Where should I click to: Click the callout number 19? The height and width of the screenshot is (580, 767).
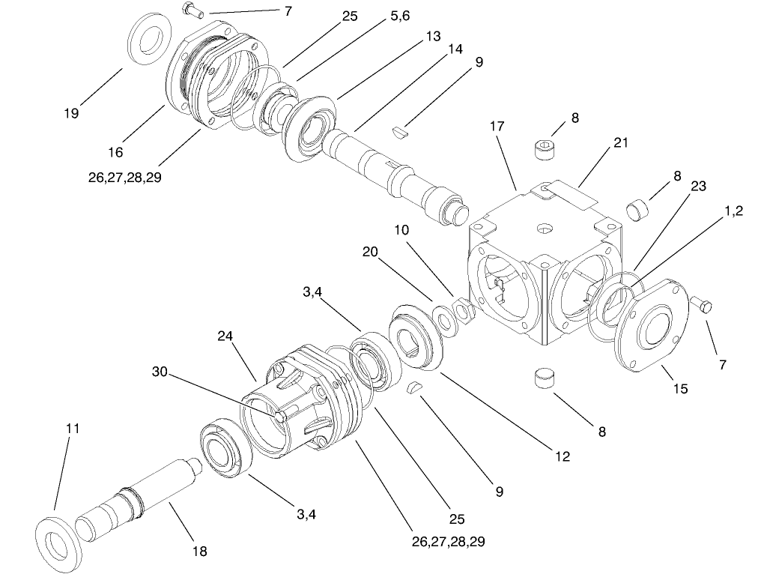(x=72, y=113)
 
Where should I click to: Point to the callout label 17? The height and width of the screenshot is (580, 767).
(x=498, y=127)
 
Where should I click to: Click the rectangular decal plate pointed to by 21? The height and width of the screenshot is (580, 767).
(x=569, y=193)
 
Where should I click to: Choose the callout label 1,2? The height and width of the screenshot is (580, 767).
(x=734, y=212)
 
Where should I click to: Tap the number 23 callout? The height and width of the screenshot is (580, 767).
(x=698, y=187)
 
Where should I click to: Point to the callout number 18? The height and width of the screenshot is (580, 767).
(x=199, y=552)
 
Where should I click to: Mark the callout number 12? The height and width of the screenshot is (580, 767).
(x=562, y=456)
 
